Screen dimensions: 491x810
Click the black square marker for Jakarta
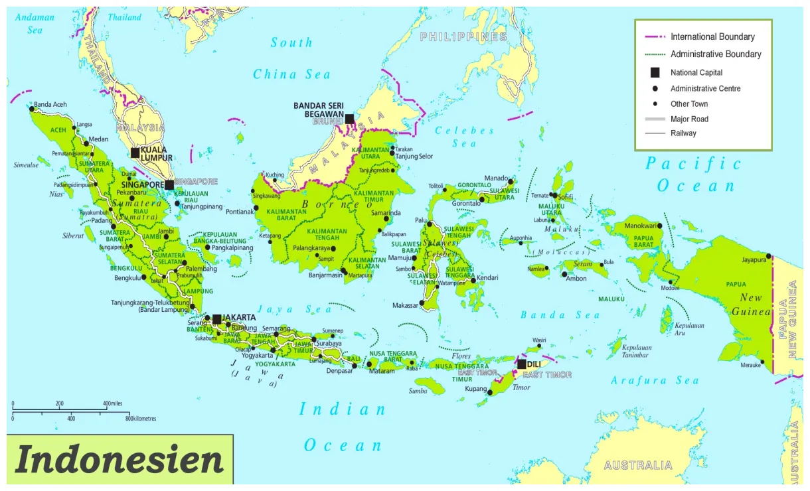[216, 319]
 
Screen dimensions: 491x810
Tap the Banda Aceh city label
[50, 104]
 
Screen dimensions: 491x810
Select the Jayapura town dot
[768, 256]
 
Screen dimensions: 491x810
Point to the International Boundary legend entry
[712, 37]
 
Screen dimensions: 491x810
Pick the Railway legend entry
[683, 133]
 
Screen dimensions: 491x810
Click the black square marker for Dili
[522, 364]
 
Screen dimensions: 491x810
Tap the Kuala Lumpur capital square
[135, 153]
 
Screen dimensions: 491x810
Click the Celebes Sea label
[464, 137]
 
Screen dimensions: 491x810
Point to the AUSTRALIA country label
[638, 466]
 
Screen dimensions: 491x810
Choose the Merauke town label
[752, 364]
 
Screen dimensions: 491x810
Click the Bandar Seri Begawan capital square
[349, 119]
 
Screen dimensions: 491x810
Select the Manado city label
[495, 178]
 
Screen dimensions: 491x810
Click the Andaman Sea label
[35, 24]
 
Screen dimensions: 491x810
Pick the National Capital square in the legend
[655, 72]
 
